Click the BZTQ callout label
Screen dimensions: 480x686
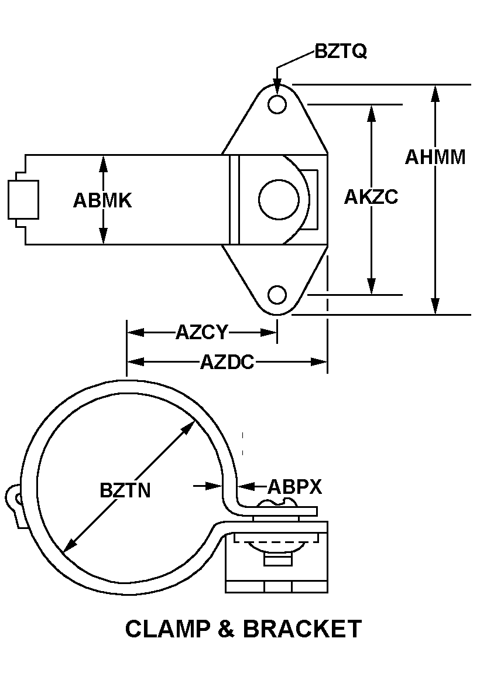341,51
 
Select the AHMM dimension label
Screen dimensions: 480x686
436,157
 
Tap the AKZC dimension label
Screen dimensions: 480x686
371,197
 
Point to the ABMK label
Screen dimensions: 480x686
102,200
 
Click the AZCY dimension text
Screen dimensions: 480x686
202,333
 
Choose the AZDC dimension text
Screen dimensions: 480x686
227,362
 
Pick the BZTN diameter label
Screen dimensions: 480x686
125,490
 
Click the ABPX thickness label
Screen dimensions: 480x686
294,486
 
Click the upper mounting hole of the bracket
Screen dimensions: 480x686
277,104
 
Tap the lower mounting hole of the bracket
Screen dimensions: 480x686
277,295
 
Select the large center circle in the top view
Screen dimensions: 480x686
279,200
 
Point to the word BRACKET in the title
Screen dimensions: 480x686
302,629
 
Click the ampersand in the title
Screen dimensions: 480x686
226,629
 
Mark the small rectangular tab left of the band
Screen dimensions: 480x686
23,200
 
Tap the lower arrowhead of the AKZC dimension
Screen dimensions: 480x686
372,286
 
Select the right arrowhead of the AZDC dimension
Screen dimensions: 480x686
318,362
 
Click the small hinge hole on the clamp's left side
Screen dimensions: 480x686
18,498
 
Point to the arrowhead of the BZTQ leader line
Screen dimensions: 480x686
277,87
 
